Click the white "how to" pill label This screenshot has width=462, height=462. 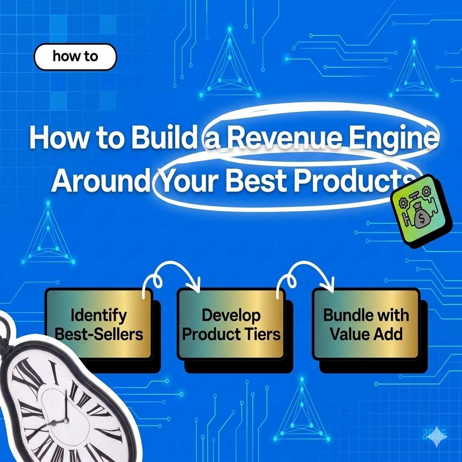point(75,57)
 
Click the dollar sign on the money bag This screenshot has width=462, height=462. point(421,221)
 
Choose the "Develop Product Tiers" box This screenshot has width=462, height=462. point(231,323)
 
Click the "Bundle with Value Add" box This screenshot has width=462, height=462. point(366,323)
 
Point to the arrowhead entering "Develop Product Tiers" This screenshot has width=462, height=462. point(195,285)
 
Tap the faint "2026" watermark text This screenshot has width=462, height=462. point(434,434)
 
